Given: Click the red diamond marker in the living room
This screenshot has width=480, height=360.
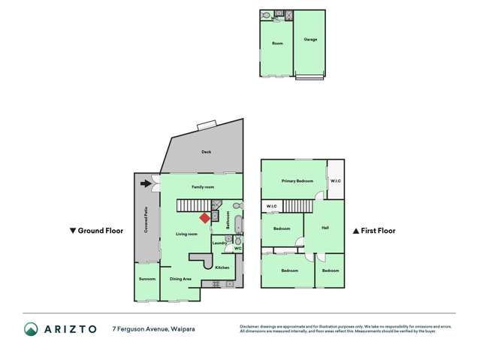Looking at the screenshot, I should [204, 218].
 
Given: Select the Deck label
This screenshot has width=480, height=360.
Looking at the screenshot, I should [206, 152].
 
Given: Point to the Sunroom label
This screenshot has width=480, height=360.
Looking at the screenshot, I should [147, 279].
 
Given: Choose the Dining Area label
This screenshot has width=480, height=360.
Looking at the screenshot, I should [180, 279].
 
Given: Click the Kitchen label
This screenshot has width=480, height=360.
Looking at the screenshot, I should [222, 268].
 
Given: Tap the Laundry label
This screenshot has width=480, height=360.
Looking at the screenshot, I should [219, 243].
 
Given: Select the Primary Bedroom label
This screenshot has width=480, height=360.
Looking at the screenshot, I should [297, 181].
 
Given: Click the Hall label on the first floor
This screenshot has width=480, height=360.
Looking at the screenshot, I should [325, 228].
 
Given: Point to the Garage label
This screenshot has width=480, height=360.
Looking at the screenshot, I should [310, 39].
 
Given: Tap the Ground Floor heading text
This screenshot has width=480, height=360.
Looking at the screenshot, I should [100, 231].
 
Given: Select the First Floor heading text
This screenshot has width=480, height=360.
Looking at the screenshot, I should [377, 231].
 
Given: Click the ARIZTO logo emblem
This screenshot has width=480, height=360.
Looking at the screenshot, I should [31, 328].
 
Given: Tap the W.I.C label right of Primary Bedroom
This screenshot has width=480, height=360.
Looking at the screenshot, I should [336, 181].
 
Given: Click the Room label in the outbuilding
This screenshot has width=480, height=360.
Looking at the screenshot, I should [276, 44].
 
